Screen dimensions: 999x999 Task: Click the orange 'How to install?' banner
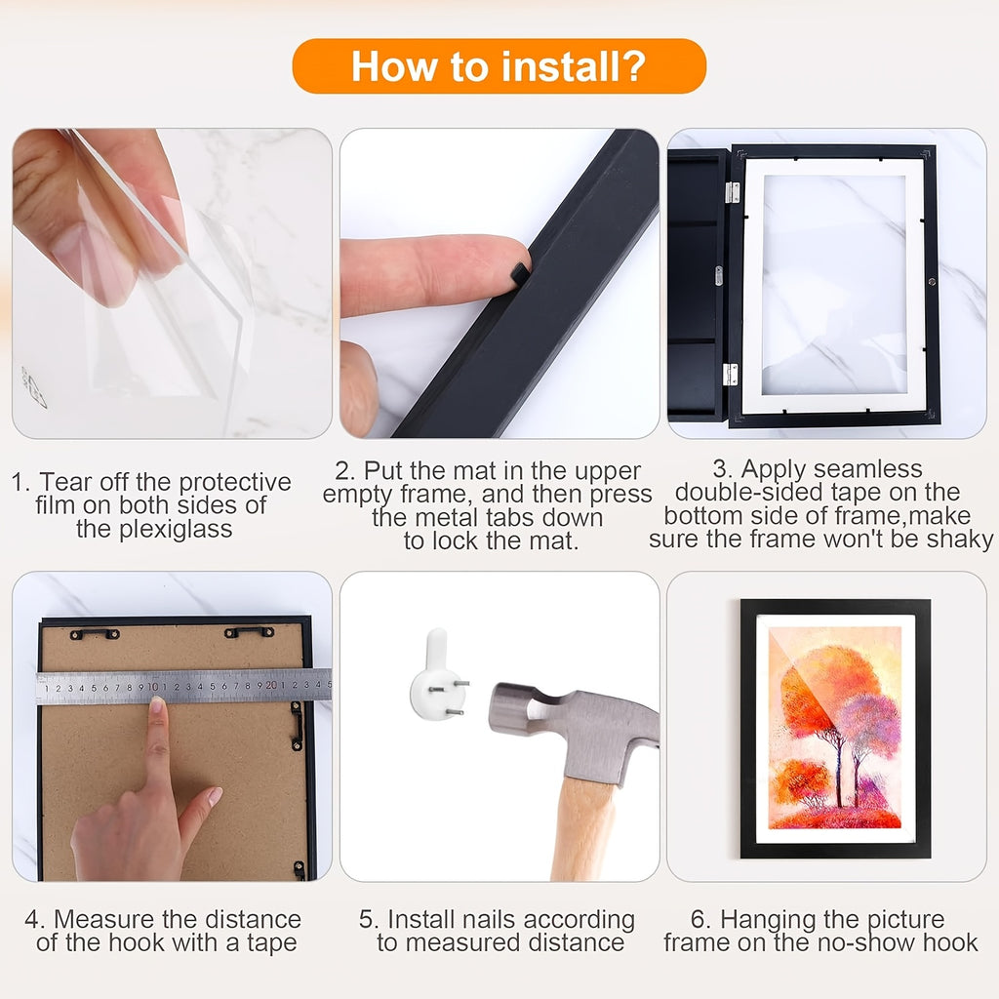(499, 66)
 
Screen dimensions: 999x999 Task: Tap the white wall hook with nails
(437, 675)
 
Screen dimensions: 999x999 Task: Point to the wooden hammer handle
(583, 828)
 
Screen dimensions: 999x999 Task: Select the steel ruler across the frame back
(183, 686)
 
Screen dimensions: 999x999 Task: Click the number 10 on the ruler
(153, 687)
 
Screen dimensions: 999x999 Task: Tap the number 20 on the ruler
(271, 686)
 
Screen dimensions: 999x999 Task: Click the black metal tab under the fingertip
(520, 273)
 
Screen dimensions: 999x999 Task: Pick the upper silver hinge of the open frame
(733, 192)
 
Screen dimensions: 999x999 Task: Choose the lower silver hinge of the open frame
(730, 375)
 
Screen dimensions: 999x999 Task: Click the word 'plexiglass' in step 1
(154, 529)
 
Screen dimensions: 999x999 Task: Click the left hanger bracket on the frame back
(95, 633)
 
